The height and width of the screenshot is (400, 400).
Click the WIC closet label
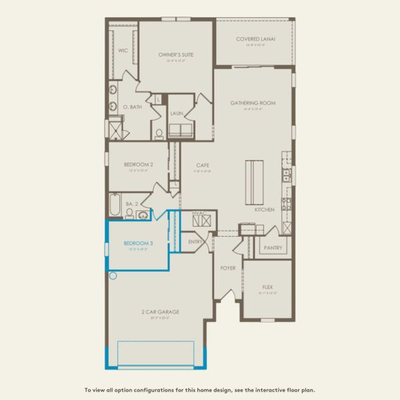tap(123, 50)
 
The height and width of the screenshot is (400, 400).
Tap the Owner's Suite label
tap(176, 54)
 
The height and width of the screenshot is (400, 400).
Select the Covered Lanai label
tap(255, 39)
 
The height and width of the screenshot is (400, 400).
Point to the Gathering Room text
tap(253, 103)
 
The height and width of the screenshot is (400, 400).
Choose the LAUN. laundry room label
tap(176, 113)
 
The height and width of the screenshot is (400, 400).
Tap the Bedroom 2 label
tap(139, 164)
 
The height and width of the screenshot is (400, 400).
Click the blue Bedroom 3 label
tap(139, 244)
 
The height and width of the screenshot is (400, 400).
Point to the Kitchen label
tap(264, 210)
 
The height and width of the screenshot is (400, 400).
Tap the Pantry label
tap(273, 248)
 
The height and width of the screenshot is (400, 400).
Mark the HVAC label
tap(200, 213)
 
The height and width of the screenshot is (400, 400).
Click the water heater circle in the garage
tap(113, 275)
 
